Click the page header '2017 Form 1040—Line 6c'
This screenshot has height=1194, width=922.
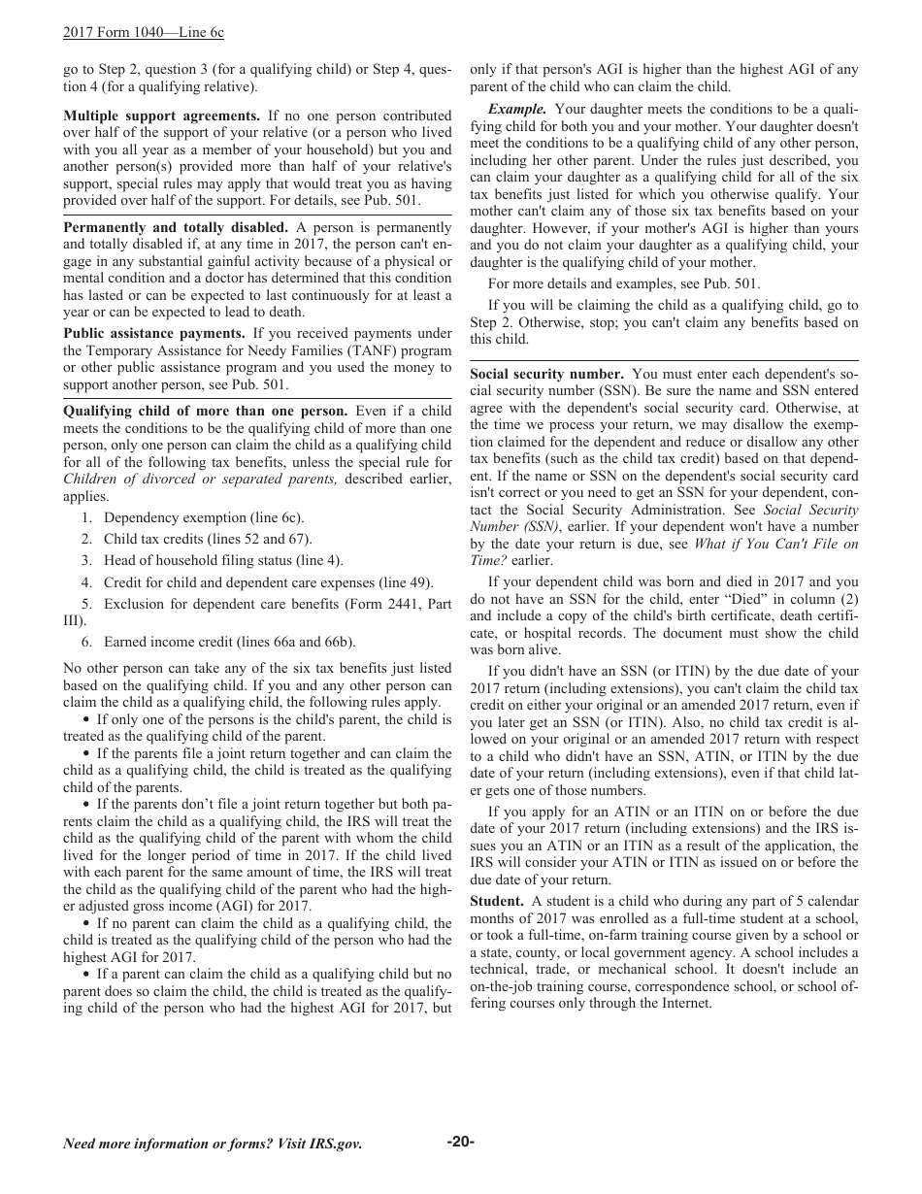point(143,32)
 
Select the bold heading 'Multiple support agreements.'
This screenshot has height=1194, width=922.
point(161,116)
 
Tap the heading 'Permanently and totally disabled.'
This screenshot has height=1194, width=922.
point(175,227)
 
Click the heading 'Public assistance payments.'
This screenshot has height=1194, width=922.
point(153,333)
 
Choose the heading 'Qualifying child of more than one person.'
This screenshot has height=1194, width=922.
point(205,411)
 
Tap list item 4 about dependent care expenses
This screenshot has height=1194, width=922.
point(268,582)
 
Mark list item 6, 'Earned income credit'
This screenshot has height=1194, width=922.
point(229,642)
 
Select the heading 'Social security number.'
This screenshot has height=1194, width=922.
point(546,374)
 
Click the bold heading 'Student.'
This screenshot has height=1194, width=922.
point(497,901)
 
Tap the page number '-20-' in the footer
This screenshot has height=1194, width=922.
point(460,1142)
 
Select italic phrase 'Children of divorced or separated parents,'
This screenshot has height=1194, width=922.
point(201,479)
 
